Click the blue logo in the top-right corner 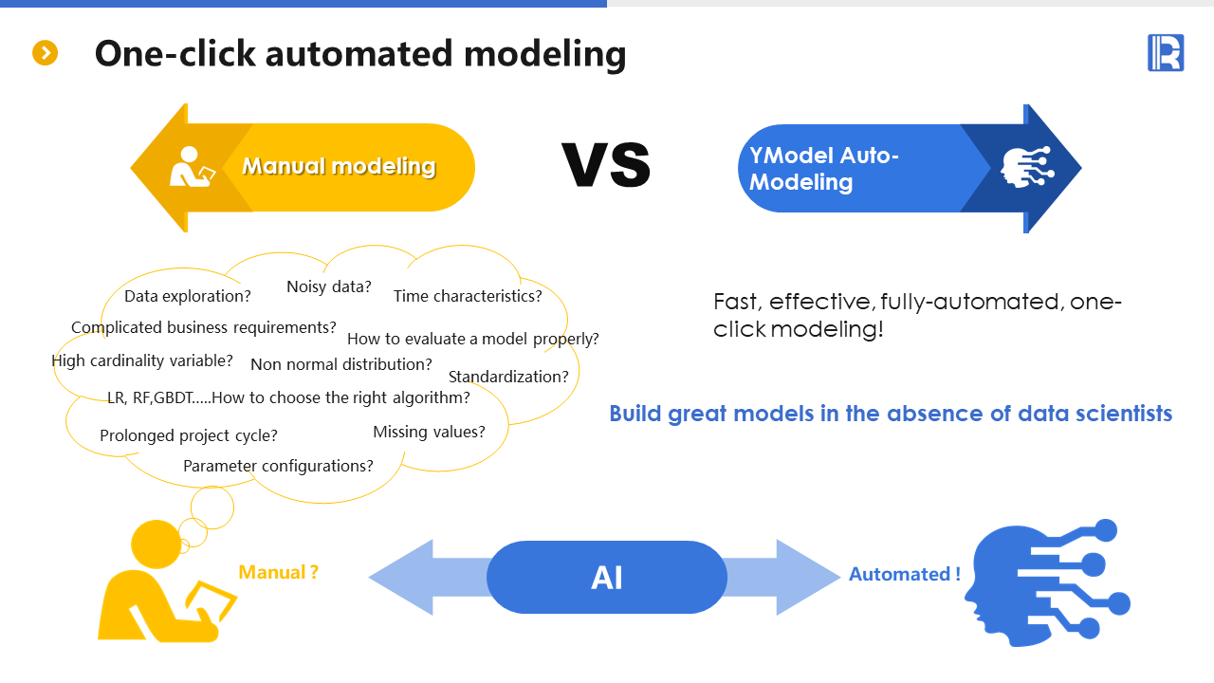pos(1165,52)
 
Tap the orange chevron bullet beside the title pos(46,53)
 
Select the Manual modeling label pos(339,167)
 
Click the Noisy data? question pos(329,286)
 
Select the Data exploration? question pos(188,296)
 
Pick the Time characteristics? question pos(468,296)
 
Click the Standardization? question pos(508,377)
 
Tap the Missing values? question pos(429,432)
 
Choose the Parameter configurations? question pos(278,466)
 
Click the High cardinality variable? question pos(142,360)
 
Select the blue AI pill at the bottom pos(607,577)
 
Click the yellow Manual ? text pos(278,572)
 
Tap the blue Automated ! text pos(904,574)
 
